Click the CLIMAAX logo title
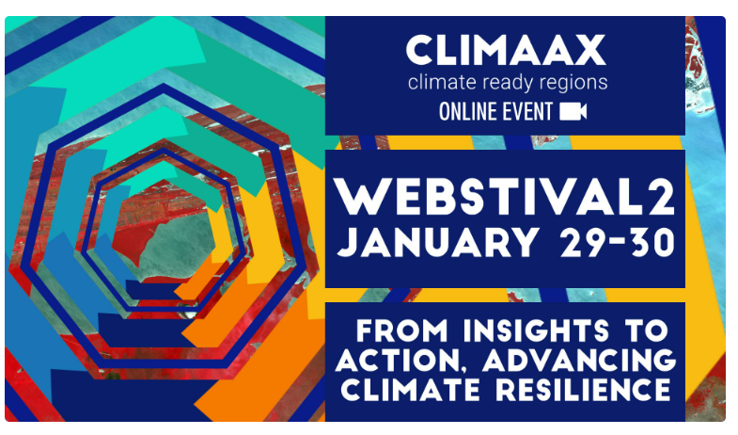(x=506, y=50)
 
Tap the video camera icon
(x=573, y=112)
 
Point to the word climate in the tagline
(x=442, y=83)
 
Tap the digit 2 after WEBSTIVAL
(x=662, y=199)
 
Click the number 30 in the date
(x=652, y=242)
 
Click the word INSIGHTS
(x=536, y=330)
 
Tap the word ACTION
(x=398, y=361)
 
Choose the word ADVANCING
(x=579, y=360)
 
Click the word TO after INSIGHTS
(x=647, y=330)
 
